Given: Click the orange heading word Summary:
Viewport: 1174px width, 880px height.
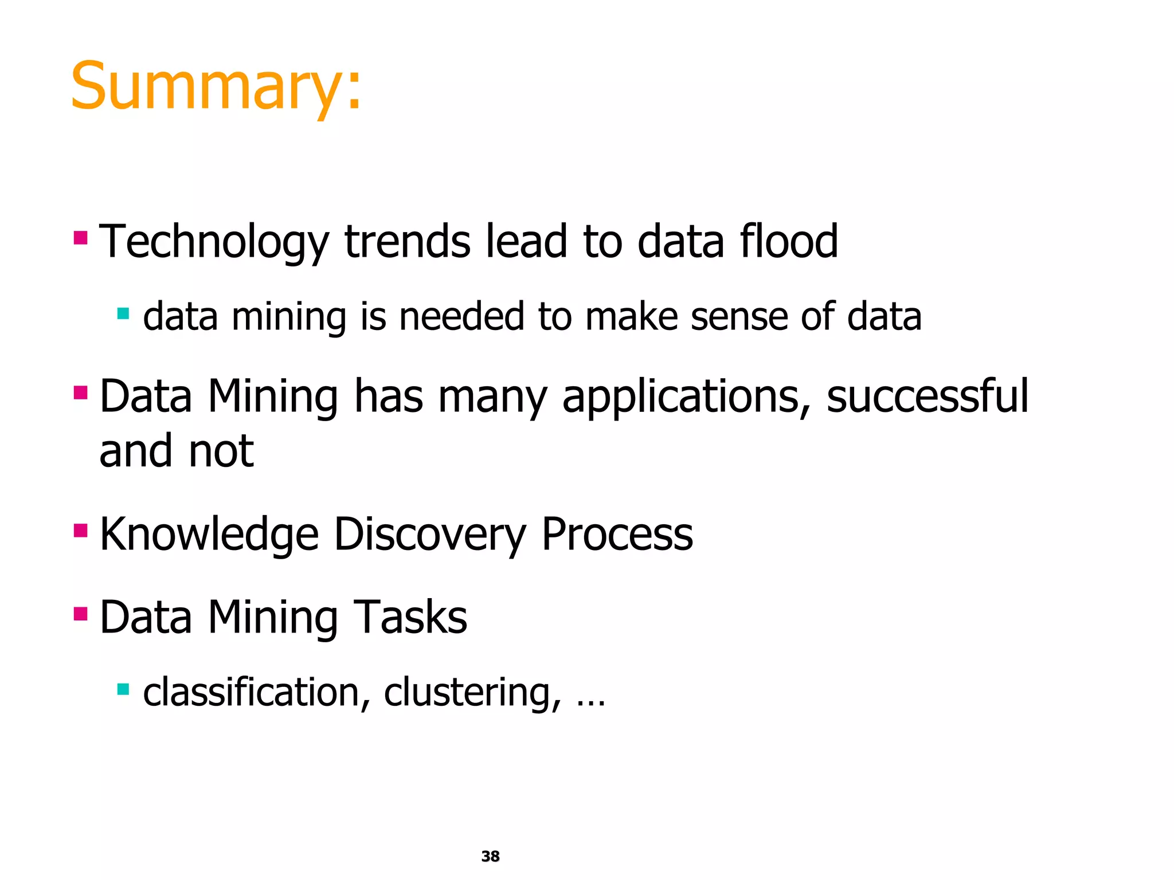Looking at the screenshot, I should pos(216,87).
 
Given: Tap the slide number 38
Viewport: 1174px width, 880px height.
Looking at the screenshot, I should pos(490,856).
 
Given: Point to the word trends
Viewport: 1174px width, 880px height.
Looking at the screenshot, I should pos(407,242).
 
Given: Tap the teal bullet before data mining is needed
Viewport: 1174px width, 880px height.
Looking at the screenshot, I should pos(123,313).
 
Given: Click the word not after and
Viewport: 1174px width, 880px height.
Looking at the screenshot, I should pos(221,451).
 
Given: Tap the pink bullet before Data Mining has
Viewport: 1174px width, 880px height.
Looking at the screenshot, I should pos(81,393).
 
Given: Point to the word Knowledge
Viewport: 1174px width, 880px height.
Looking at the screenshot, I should pos(209,534).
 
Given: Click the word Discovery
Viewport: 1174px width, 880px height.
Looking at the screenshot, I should pos(429,534).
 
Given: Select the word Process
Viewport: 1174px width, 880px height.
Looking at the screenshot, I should pos(617,534).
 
